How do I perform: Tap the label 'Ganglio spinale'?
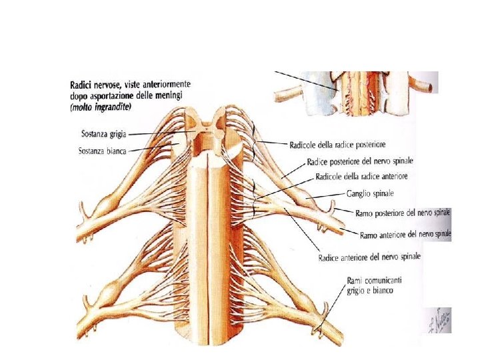[x=370, y=193]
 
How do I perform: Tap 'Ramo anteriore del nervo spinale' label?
[x=405, y=235]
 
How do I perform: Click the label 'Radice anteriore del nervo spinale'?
[x=369, y=257]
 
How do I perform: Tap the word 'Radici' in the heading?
[x=81, y=85]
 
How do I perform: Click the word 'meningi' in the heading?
[x=171, y=96]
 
